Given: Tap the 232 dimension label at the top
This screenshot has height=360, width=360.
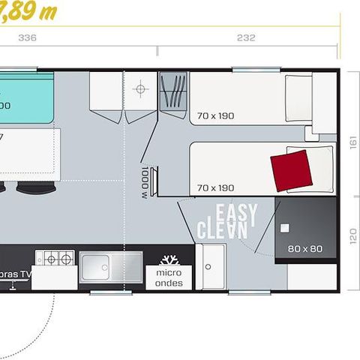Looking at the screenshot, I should pos(246,37).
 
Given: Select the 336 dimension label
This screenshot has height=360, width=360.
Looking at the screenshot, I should pos(27,37).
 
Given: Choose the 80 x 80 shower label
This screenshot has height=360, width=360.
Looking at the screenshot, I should pos(304,247).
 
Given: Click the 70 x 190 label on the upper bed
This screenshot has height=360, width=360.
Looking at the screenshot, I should pos(216,116).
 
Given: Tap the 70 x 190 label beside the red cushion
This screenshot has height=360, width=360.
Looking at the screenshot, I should pos(216,187).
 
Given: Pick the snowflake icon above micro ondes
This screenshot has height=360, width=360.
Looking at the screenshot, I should pos(169,260).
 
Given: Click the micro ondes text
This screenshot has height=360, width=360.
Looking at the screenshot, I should pos(169,278).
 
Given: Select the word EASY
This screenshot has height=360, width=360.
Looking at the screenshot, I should pos(235,215).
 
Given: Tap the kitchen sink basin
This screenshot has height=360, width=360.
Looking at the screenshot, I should pos(103,266).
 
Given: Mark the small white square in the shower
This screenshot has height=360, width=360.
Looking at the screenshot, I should pos(284,226).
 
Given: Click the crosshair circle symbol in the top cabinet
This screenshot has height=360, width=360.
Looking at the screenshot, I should pos(139,89).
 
